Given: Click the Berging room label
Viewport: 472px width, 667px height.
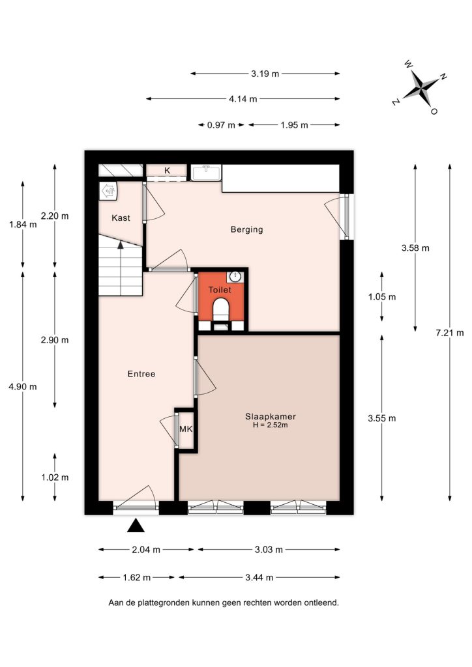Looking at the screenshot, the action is click(247, 230).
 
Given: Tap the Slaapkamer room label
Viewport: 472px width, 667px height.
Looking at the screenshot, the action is click(271, 416).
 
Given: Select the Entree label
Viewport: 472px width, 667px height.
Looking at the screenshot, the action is click(141, 374).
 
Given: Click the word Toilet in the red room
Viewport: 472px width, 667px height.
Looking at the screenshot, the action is click(220, 290).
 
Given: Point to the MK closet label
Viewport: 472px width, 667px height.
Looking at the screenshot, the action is click(186, 429).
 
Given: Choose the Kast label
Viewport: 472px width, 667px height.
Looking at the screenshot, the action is click(121, 218).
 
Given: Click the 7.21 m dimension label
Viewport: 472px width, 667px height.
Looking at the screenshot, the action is click(450, 333).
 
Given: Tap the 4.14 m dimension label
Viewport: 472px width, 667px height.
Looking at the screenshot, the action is click(243, 99).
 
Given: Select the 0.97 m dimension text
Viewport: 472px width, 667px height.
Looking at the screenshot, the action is click(221, 125).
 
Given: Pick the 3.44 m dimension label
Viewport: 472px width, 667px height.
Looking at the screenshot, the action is click(259, 578).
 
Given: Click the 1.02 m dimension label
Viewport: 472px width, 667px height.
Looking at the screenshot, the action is click(55, 477).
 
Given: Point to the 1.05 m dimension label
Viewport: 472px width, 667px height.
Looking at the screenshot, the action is click(382, 297).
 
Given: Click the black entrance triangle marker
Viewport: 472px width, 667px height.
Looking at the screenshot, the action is click(136, 526).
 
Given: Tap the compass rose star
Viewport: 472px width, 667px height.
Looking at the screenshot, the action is click(420, 89).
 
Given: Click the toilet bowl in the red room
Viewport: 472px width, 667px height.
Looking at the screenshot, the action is click(220, 308).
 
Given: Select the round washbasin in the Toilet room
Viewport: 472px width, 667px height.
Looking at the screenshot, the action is click(235, 277).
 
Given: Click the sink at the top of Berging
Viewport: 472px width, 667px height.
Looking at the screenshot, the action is click(206, 173).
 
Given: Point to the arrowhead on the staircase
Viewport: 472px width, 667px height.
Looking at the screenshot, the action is click(121, 245).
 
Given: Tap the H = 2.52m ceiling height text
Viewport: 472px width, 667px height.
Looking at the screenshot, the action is click(271, 425).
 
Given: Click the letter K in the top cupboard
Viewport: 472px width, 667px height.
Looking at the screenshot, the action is click(168, 171).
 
